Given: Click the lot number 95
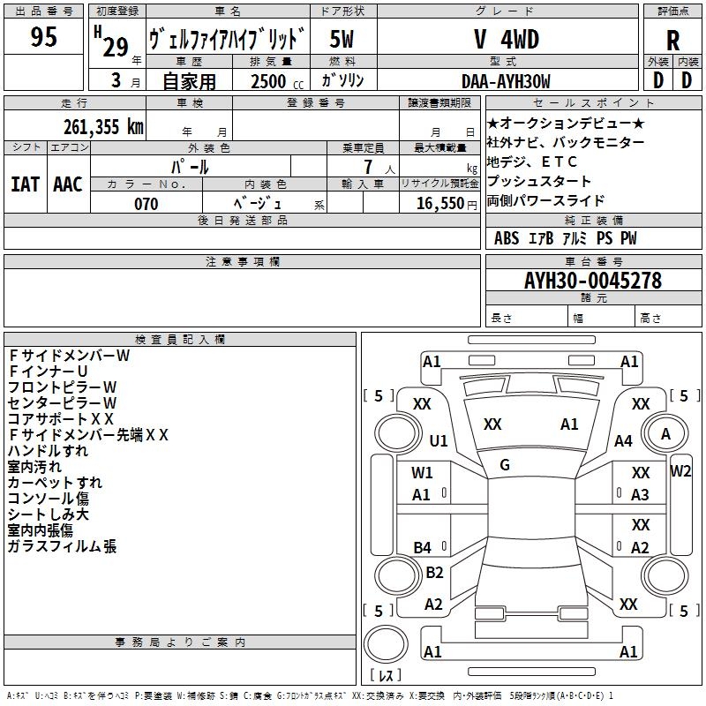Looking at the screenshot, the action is click(43, 37).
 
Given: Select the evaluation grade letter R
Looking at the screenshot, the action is click(672, 41).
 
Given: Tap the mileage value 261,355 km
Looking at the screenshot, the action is click(103, 126).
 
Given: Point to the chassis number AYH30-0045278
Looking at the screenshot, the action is click(592, 281).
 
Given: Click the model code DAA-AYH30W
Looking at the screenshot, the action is click(506, 81).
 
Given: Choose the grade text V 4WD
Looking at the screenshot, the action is click(506, 40).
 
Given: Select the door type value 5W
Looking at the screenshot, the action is click(342, 40).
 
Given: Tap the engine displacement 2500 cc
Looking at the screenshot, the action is click(268, 81).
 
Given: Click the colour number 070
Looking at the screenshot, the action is click(146, 204).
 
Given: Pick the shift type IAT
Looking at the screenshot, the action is click(25, 184).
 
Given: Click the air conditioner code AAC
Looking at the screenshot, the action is click(67, 184).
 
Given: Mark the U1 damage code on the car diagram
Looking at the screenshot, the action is click(439, 440).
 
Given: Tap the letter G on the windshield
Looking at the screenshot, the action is click(505, 464).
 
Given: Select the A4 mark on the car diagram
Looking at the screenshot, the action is click(624, 440).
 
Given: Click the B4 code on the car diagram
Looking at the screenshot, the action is click(423, 548).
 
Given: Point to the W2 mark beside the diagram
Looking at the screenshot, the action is click(680, 470).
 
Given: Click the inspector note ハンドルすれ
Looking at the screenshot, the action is click(49, 450).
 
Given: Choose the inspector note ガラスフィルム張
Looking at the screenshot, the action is click(62, 546).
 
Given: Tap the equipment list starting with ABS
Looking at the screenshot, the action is click(565, 238).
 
